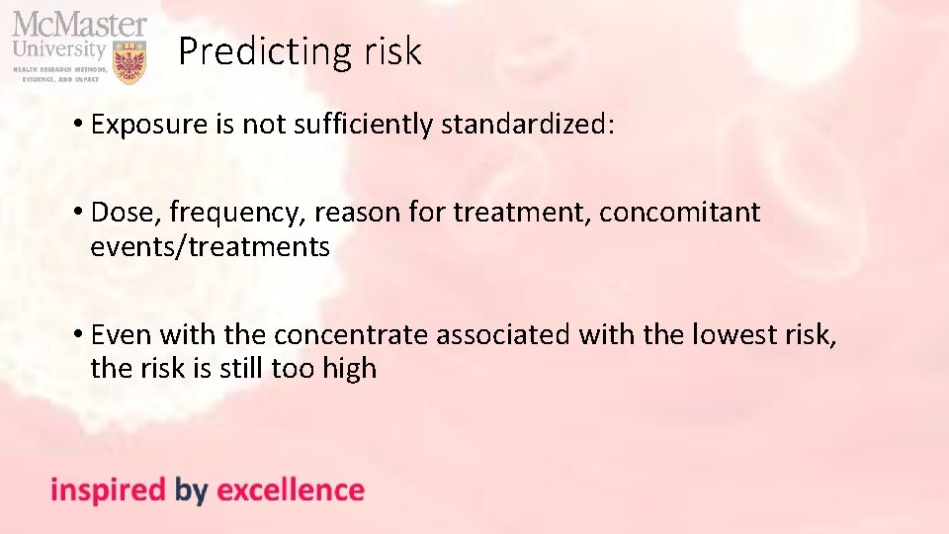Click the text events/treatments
210,246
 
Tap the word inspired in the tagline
108,489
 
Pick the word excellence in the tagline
290,489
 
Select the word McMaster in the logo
79,24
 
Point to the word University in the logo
59,47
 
